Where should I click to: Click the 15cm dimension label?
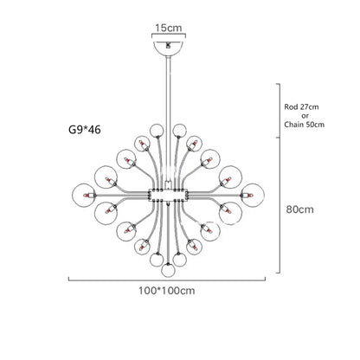click(x=169, y=28)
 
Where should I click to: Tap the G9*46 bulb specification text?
click(x=85, y=130)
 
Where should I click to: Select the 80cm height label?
click(x=300, y=209)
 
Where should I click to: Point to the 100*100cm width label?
click(x=167, y=291)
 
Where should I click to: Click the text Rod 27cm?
click(x=301, y=106)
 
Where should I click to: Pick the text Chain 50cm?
click(x=304, y=125)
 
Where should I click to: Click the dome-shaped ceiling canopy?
click(x=169, y=48)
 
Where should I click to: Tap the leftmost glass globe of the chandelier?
click(x=84, y=195)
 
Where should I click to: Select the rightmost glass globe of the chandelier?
click(x=253, y=195)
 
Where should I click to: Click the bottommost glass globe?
click(x=168, y=270)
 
